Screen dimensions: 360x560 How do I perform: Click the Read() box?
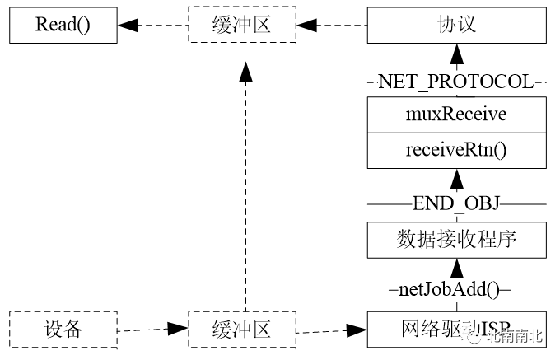(62, 26)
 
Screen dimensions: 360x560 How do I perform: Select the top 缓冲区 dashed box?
(240, 26)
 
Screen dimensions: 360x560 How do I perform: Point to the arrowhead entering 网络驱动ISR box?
(357, 332)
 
